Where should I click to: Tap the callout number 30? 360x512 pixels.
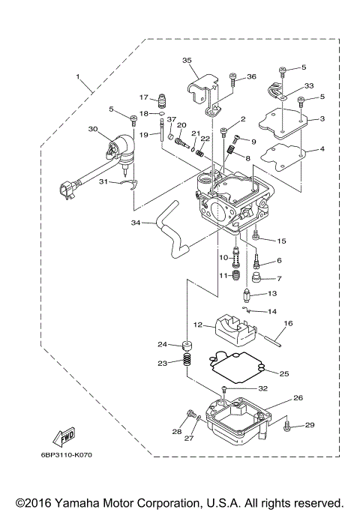[93, 129]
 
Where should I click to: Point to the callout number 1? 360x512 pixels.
[76, 76]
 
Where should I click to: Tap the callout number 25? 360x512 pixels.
[283, 373]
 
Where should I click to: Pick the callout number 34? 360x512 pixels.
[135, 223]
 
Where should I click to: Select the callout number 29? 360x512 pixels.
[310, 425]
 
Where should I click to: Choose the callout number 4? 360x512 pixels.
[322, 149]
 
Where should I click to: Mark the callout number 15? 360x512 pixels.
[281, 241]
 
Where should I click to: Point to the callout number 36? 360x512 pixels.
[252, 76]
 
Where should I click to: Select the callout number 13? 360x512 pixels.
[272, 293]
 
